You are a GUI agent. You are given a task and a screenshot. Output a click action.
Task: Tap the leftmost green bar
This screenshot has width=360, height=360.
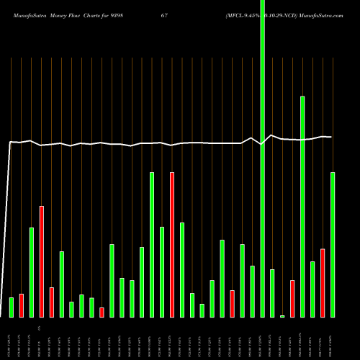point(12,307)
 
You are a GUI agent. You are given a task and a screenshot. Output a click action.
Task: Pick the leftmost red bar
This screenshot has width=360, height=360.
point(22,305)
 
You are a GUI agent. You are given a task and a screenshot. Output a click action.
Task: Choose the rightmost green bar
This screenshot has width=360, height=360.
point(333,245)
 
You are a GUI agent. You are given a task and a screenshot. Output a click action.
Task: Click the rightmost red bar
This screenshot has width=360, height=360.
point(323,282)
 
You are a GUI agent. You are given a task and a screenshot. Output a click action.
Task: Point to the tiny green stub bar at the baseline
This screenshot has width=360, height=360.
point(282,316)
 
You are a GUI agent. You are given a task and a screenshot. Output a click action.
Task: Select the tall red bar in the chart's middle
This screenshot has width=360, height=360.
point(172,245)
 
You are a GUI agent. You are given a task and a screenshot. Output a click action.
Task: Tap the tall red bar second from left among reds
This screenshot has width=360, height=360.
point(42,261)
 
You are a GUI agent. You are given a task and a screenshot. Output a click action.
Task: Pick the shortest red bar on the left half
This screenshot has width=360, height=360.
point(102,312)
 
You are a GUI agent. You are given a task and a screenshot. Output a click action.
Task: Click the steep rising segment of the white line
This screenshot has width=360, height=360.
point(8,230)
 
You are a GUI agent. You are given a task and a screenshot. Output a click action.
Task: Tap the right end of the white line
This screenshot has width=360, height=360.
point(331,137)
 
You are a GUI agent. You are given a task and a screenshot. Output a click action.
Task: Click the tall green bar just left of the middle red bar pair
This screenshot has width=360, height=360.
point(152,245)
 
